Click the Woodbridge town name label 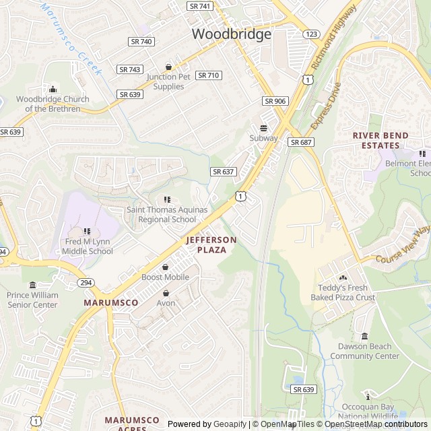[x=232, y=34]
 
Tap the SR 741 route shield [x=199, y=6]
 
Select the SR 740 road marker [x=141, y=42]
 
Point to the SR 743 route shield [x=129, y=69]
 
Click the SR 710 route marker [x=208, y=75]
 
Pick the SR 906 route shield [x=275, y=101]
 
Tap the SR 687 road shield [x=300, y=142]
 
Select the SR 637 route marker [x=223, y=172]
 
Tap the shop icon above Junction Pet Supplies [x=168, y=67]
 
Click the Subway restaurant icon [x=263, y=128]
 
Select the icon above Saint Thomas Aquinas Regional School [x=166, y=199]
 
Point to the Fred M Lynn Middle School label [x=88, y=246]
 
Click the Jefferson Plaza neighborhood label [x=211, y=244]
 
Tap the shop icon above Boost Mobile [x=165, y=267]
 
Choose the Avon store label [x=166, y=303]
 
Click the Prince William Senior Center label [x=32, y=300]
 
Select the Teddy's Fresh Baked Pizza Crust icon [x=342, y=277]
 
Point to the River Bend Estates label [x=380, y=140]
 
